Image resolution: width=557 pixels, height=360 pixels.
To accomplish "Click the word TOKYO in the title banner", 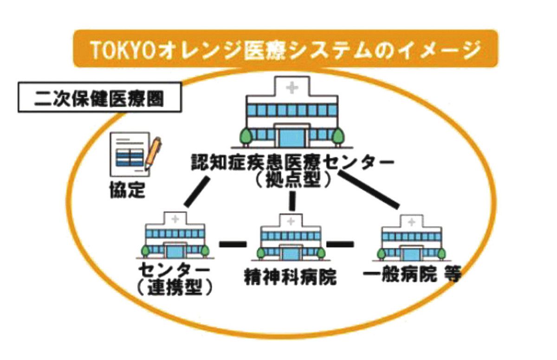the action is click(x=124, y=49).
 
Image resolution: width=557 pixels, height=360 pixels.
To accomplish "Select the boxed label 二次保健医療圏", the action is click(x=100, y=97).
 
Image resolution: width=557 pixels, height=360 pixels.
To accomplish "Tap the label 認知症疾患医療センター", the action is click(x=292, y=162).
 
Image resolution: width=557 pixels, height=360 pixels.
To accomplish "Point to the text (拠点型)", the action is click(x=292, y=180).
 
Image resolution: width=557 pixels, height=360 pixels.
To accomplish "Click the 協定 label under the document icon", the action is click(x=127, y=190).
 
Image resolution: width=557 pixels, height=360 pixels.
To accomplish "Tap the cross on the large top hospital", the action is click(x=292, y=88).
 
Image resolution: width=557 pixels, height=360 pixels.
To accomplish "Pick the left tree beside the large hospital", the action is click(x=246, y=137).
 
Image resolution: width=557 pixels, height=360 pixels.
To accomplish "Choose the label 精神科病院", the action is click(x=290, y=276).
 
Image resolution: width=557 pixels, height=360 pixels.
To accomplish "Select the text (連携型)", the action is click(x=175, y=288).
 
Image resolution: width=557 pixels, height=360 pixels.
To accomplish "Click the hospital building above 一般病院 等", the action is click(x=412, y=238).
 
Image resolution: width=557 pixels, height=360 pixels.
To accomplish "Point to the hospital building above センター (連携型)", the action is click(x=175, y=236).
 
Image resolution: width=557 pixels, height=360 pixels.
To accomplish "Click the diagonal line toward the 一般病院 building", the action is click(x=369, y=190).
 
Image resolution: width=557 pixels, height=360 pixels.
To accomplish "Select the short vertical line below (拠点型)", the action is click(x=292, y=201).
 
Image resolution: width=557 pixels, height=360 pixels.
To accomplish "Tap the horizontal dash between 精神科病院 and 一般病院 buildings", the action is click(x=340, y=244).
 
